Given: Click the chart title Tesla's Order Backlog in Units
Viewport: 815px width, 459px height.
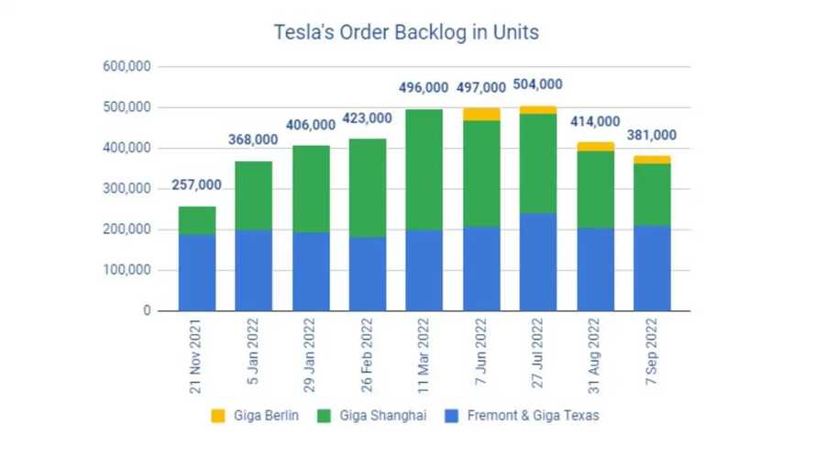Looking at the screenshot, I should [x=407, y=32].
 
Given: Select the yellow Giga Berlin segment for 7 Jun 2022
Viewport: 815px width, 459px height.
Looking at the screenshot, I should [x=481, y=114].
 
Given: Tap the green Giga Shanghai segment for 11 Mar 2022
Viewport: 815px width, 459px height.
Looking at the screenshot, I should [x=424, y=169].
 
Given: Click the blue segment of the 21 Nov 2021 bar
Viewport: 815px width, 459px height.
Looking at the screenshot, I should [x=197, y=272].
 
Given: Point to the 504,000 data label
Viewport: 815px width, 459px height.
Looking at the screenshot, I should [x=538, y=84].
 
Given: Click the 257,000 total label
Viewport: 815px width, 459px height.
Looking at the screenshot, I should [x=197, y=186].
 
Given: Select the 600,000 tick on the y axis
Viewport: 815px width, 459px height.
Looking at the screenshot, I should [x=127, y=67].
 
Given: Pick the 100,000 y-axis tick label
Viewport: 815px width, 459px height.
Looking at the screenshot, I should [x=127, y=271].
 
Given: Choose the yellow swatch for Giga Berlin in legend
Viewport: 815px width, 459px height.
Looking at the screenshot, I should [x=217, y=416].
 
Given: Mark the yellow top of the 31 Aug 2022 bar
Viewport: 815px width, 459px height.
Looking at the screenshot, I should [x=595, y=146].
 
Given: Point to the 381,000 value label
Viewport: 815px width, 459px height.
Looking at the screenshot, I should [x=652, y=135].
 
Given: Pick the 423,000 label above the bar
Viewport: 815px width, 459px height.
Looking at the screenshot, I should [x=368, y=118].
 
